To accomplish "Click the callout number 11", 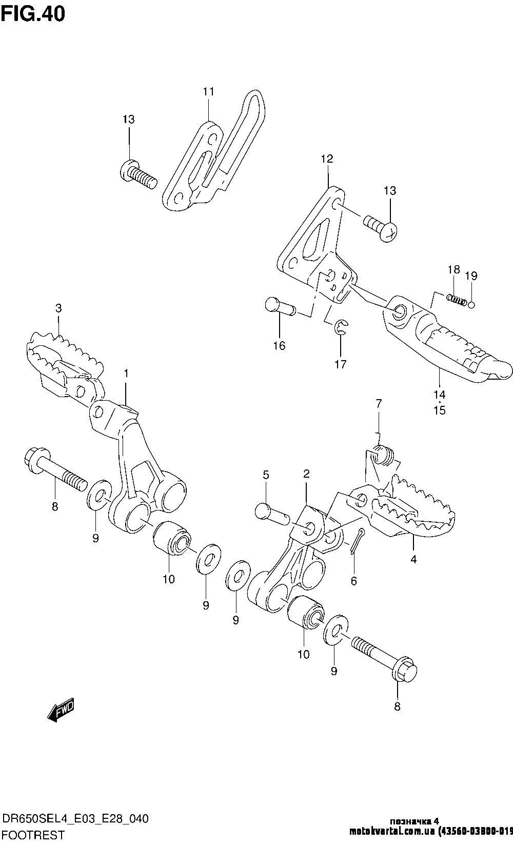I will (208, 92).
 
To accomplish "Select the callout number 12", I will (327, 159).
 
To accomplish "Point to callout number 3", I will (58, 308).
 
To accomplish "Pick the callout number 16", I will (279, 345).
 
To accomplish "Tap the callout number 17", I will (340, 364).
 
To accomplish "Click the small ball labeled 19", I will (471, 304).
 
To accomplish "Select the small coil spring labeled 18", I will (456, 299).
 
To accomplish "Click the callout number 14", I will (439, 395).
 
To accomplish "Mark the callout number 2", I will (306, 473).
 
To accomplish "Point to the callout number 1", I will (126, 372).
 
